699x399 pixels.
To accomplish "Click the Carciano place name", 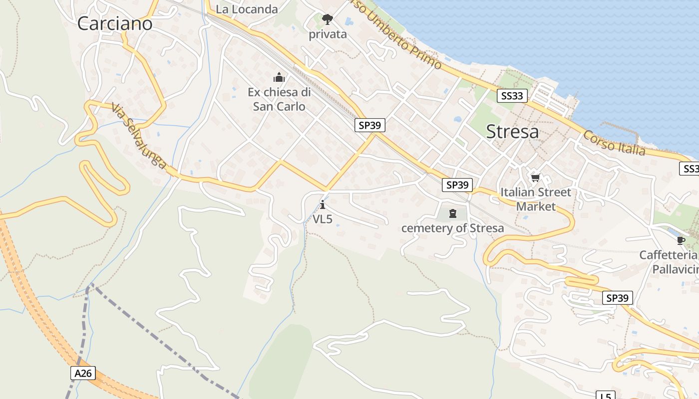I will tap(115, 23).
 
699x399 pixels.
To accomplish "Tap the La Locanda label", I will tap(247, 9).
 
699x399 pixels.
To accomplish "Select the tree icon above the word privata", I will tap(328, 19).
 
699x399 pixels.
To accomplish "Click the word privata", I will tap(328, 34).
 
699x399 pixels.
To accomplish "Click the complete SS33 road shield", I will tap(512, 96).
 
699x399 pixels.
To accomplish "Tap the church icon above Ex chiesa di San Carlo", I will tap(279, 77).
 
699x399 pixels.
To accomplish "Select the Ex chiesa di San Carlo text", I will tap(279, 99).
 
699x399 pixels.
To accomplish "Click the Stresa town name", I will tap(512, 132).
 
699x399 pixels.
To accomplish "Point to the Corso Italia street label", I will tap(614, 143).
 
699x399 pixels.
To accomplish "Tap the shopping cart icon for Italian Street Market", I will tap(536, 178).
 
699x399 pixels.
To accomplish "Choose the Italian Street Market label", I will tap(536, 199).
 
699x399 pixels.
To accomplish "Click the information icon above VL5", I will tap(323, 204).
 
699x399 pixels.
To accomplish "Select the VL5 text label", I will tap(323, 219).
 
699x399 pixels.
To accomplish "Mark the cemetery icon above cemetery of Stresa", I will tap(453, 214).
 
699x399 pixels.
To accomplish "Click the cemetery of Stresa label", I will tap(453, 228).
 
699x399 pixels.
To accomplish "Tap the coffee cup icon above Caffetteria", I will tap(681, 240).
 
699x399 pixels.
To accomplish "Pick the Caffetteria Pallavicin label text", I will tap(669, 262).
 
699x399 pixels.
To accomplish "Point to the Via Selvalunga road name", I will tap(138, 136).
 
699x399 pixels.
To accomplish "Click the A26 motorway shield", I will tap(83, 373).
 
